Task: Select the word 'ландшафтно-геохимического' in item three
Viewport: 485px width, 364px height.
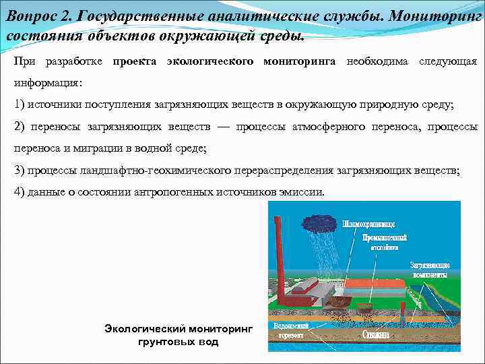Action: click(x=158, y=171)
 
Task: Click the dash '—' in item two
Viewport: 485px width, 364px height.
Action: click(x=223, y=126)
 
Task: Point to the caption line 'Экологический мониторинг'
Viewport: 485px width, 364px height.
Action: click(x=178, y=329)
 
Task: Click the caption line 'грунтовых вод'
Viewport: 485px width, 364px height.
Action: click(x=178, y=342)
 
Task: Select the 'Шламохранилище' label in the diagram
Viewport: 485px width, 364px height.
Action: click(x=368, y=223)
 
